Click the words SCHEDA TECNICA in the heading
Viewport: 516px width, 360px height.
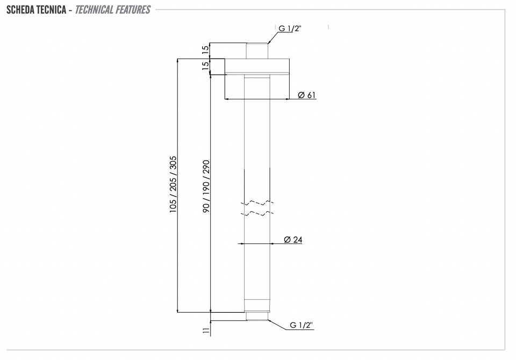(36, 10)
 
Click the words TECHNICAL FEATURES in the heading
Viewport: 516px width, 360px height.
(112, 10)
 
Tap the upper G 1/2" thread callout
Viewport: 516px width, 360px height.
(290, 28)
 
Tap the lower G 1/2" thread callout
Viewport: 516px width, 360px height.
(301, 325)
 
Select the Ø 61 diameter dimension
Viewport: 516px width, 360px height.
(307, 95)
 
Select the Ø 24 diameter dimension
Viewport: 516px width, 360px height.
(293, 240)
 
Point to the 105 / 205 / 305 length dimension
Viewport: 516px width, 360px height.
(173, 184)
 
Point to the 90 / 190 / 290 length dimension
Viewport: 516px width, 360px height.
(206, 186)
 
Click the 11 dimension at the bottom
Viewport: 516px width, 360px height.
(206, 330)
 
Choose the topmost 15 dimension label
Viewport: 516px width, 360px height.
(205, 49)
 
